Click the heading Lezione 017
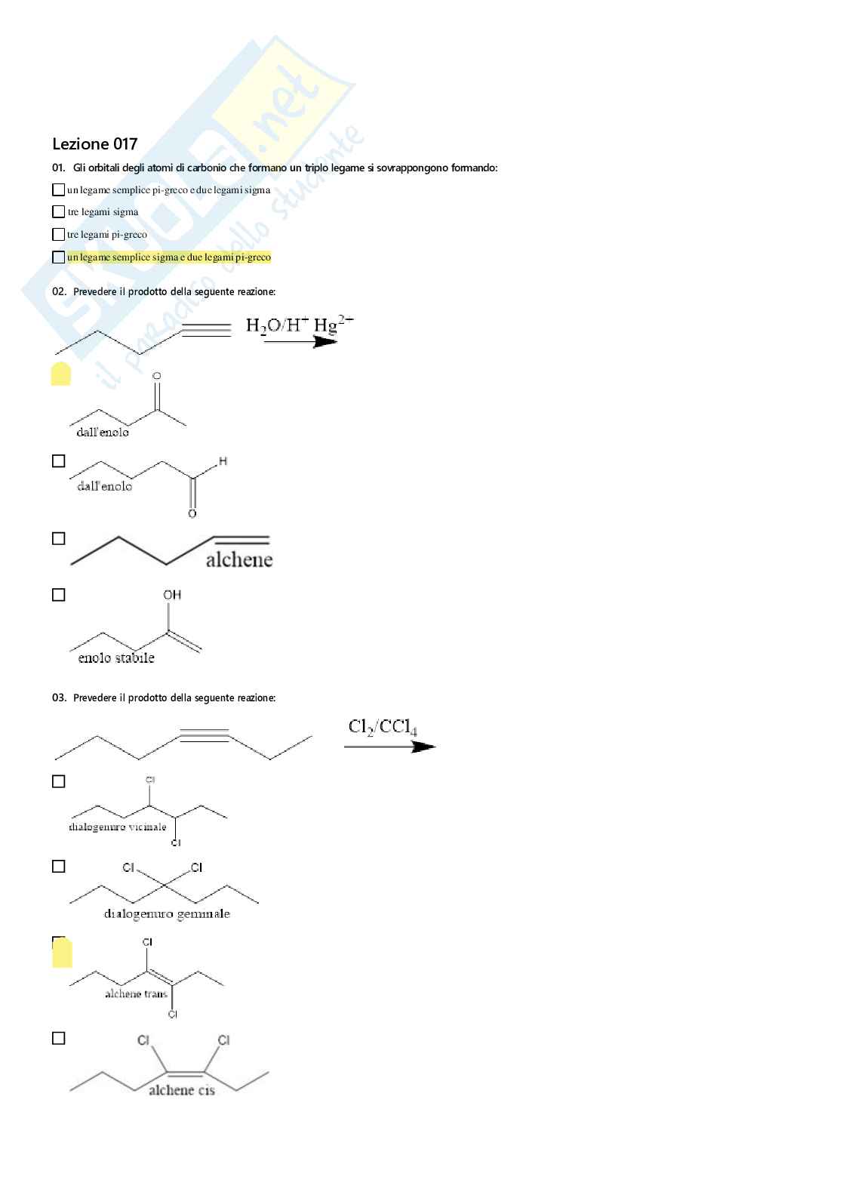[95, 144]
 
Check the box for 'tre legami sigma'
[58, 212]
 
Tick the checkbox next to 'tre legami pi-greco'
[58, 235]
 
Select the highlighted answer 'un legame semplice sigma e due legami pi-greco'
[168, 257]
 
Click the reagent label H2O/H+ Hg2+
[299, 325]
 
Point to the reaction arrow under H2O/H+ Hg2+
[300, 342]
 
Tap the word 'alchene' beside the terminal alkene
[239, 559]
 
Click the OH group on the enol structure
[172, 595]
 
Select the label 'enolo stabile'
[116, 658]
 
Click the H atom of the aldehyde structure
[223, 460]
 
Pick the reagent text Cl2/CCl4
[383, 727]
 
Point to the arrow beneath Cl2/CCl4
[389, 747]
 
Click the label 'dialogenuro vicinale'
[118, 827]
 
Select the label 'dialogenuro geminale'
[167, 914]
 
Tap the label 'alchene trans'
[136, 993]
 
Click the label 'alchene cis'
[182, 1090]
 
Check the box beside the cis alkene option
[58, 1039]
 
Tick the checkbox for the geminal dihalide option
[58, 867]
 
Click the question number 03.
[59, 698]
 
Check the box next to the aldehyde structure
[58, 461]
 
